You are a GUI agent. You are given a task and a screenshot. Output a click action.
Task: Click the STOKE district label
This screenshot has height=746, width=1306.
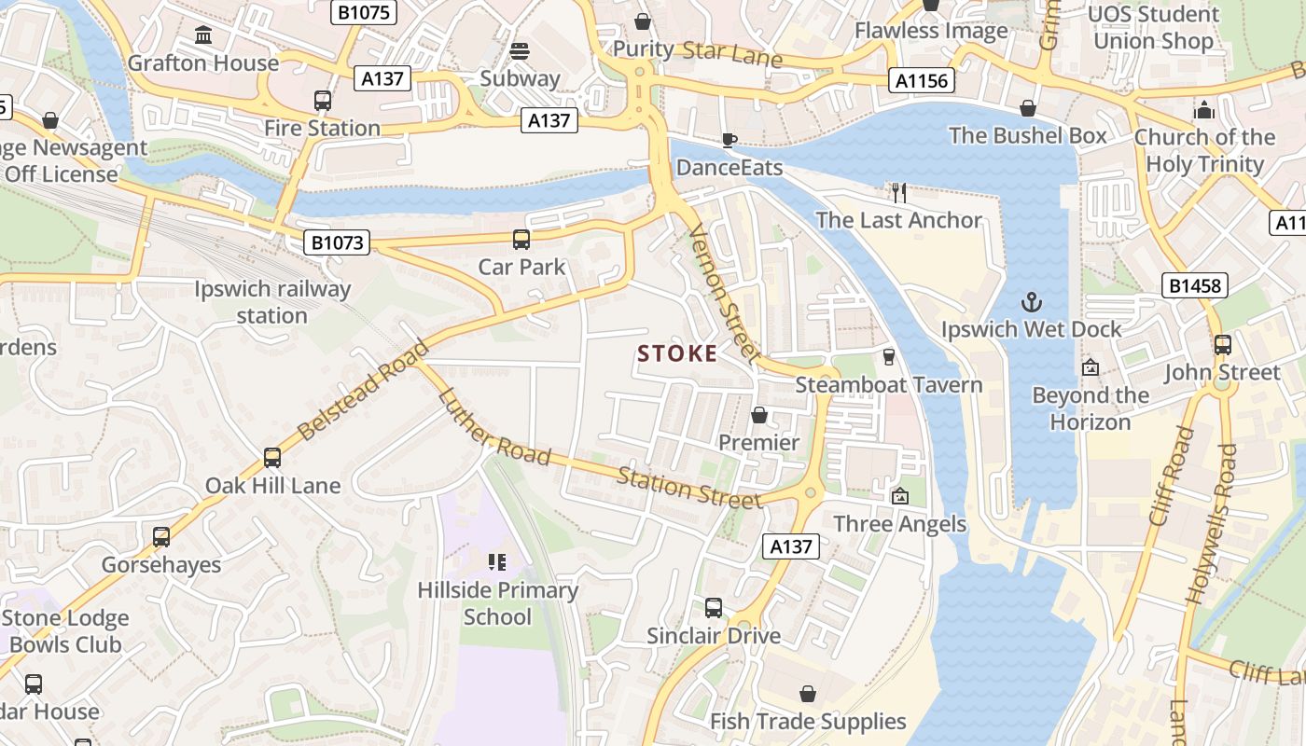(677, 353)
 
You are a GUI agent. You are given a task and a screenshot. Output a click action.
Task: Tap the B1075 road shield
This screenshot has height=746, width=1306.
(365, 12)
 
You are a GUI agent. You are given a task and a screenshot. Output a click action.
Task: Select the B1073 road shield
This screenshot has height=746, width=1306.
(337, 243)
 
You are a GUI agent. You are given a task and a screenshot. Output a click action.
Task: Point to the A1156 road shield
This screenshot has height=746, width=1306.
(922, 81)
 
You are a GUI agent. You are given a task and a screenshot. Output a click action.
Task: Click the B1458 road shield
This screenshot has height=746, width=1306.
(1194, 285)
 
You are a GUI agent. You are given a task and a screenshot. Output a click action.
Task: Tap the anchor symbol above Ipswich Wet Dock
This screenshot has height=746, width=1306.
(1031, 302)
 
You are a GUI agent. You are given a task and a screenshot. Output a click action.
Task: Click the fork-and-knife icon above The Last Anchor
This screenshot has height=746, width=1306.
(898, 193)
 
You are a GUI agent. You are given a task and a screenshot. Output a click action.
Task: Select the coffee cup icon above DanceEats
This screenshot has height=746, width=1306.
(729, 140)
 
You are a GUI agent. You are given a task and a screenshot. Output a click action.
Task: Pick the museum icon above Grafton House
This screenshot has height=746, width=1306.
(202, 35)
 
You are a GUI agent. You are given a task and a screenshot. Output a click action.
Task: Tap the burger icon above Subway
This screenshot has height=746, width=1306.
(520, 50)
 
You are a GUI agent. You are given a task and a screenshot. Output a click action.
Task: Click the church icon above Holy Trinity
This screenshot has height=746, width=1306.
(1204, 110)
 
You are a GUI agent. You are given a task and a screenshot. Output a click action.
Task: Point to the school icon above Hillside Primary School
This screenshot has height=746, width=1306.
(497, 561)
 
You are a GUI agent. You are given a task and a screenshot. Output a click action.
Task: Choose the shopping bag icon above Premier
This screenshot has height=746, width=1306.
(759, 415)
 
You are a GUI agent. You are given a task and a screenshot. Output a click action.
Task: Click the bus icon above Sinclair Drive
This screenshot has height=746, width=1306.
(714, 608)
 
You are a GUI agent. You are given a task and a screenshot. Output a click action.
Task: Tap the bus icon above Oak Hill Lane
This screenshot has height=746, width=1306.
(272, 458)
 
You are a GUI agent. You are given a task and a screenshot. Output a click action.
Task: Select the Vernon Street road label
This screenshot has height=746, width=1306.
(724, 292)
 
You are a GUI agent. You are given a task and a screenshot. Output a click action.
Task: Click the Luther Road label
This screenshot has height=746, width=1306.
(493, 426)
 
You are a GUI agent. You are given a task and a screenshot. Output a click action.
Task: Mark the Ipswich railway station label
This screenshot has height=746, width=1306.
(272, 302)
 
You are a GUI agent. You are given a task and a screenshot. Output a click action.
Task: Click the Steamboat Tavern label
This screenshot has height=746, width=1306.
(888, 384)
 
